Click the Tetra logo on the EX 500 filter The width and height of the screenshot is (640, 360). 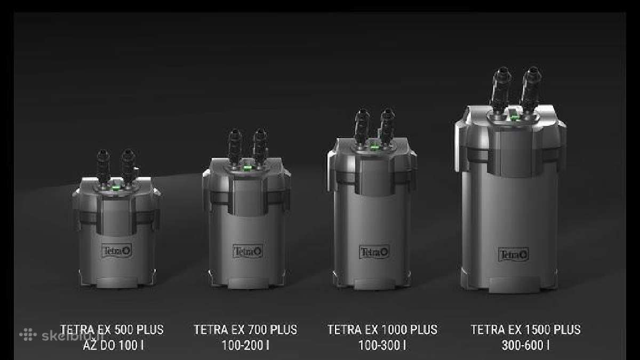pos(117,251)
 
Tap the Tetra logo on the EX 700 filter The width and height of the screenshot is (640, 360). pos(247,251)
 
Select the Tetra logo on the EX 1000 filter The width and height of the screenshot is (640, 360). pos(374,252)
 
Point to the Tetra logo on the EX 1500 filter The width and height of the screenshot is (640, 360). pos(514,254)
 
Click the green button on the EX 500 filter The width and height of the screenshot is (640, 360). pos(115,188)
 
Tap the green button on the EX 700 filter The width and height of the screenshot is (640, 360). pos(246,168)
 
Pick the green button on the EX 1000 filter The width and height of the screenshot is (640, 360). pos(374,147)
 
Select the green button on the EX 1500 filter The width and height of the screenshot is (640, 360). pos(515,117)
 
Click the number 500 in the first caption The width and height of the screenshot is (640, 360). pos(123,330)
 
